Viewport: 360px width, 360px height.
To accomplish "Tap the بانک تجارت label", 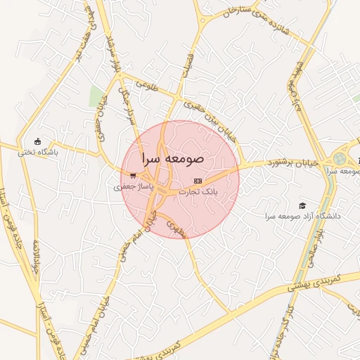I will [199, 191].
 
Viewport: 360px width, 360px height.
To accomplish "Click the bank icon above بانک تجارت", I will [198, 181].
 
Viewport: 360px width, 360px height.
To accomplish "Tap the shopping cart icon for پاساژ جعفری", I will [133, 176].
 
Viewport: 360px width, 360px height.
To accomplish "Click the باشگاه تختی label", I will [37, 151].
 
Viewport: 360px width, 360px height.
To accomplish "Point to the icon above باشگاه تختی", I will [37, 141].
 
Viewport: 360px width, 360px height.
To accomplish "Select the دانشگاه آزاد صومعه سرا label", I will [302, 216].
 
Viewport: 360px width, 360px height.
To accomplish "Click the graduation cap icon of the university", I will [302, 205].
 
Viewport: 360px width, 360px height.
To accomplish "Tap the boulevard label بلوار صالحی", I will [312, 247].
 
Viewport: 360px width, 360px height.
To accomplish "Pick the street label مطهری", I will [176, 226].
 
